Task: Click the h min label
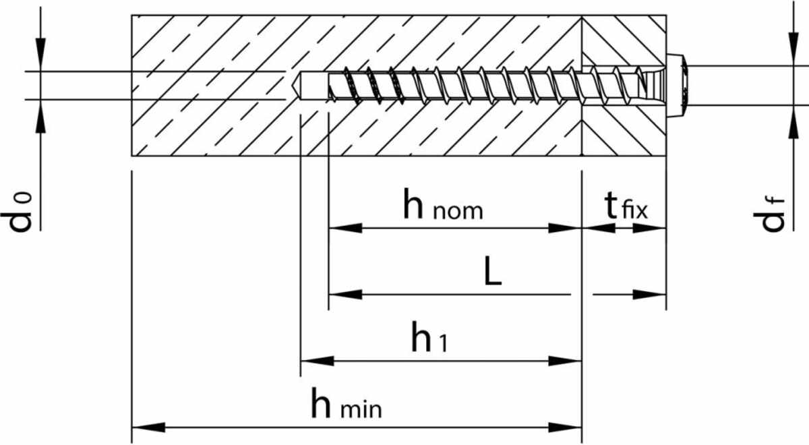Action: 346,405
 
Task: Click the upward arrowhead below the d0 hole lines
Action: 40,116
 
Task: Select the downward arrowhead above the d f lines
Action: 793,51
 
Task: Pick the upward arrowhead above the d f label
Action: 793,121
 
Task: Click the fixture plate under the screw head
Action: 624,128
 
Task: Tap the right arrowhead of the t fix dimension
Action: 650,228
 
